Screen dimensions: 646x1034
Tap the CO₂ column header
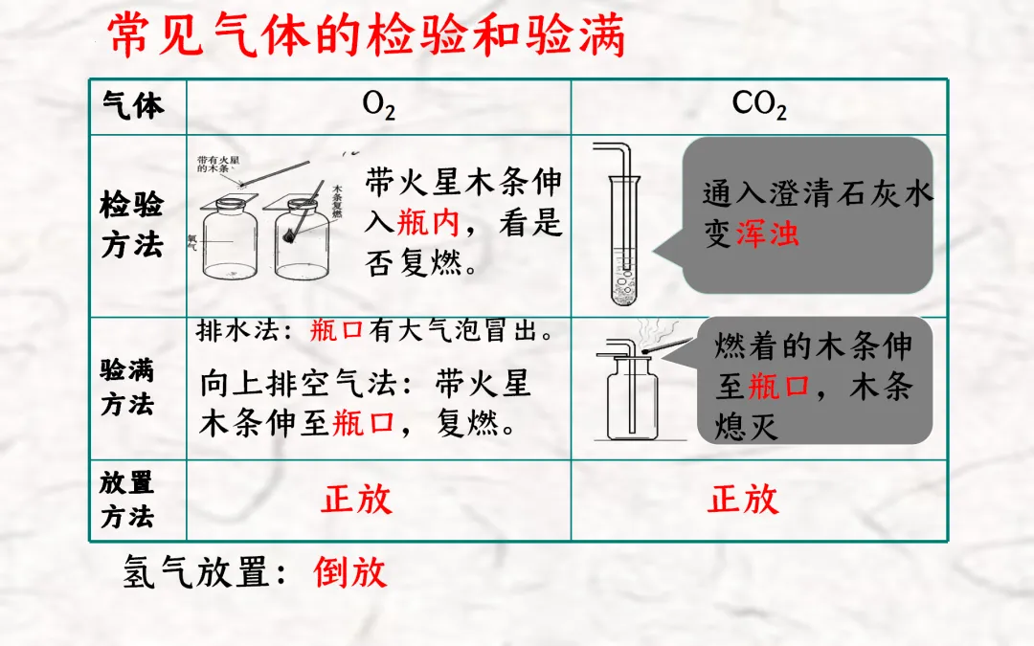[759, 105]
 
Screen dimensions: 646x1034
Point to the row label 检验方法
[132, 225]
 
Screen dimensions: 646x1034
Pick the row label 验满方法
[127, 388]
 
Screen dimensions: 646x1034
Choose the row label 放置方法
[127, 499]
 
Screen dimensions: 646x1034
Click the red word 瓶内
[428, 222]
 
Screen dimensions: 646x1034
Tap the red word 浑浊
[767, 234]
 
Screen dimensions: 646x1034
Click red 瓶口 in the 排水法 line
[336, 332]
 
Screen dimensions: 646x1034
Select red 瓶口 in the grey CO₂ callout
[778, 386]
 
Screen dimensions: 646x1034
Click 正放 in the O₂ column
[357, 499]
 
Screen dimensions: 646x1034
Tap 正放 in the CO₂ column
[743, 499]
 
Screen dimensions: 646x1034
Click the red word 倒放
[350, 572]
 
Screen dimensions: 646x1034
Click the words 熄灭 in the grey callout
[747, 426]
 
